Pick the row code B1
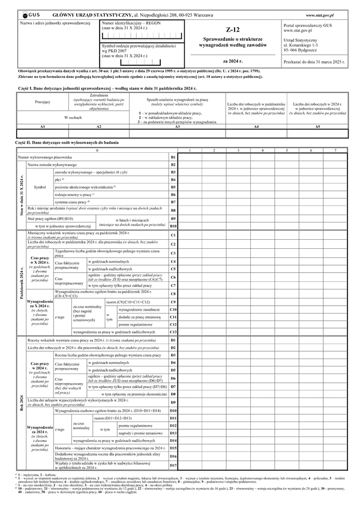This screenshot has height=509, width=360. coord(173,156)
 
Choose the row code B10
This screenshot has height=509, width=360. coord(173,226)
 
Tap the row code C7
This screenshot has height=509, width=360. coord(173,285)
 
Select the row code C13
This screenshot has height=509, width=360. coord(173,331)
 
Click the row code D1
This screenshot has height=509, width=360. coord(173,340)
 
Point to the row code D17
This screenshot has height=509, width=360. coord(173,465)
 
